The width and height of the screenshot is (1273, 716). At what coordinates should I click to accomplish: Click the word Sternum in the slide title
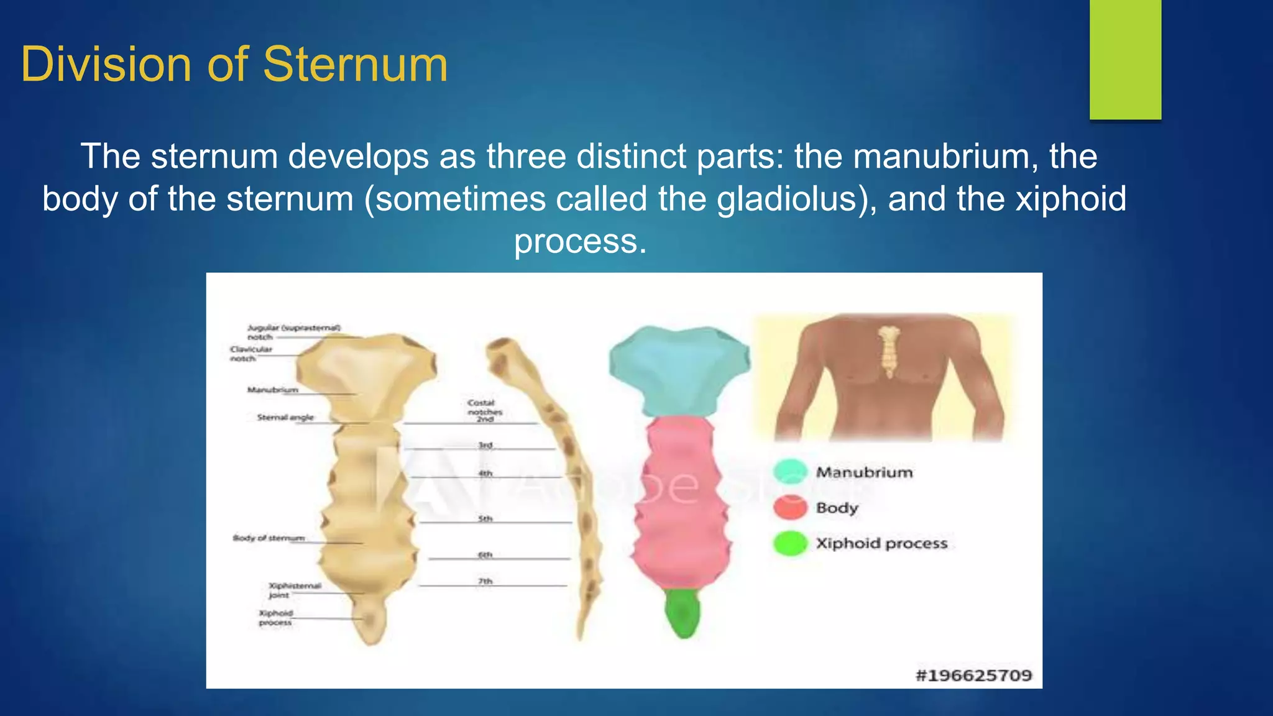pyautogui.click(x=355, y=65)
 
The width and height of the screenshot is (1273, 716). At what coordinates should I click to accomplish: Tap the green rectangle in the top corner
pyautogui.click(x=1125, y=59)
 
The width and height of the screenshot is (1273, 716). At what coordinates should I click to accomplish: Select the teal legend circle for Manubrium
pyautogui.click(x=791, y=472)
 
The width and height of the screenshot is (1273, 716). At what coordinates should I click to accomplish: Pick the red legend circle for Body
pyautogui.click(x=791, y=507)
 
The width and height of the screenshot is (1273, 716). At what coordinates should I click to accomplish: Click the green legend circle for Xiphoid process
pyautogui.click(x=791, y=543)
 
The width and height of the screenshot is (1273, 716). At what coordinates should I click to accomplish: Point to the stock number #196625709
pyautogui.click(x=973, y=675)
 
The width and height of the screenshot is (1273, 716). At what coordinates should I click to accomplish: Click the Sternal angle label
pyautogui.click(x=285, y=418)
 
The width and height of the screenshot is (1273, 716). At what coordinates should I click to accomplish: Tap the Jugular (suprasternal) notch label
pyautogui.click(x=293, y=332)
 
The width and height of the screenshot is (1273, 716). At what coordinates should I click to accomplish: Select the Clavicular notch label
pyautogui.click(x=250, y=354)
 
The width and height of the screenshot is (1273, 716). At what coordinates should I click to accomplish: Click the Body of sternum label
pyautogui.click(x=269, y=538)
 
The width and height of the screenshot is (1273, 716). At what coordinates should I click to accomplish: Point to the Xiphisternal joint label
pyautogui.click(x=293, y=590)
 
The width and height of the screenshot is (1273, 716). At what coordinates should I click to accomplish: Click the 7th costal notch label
pyautogui.click(x=485, y=581)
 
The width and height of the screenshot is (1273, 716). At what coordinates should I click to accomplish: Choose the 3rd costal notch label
pyautogui.click(x=485, y=445)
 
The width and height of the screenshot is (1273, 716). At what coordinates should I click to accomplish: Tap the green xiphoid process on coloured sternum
pyautogui.click(x=682, y=613)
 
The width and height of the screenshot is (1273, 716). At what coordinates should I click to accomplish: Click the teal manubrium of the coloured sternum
pyautogui.click(x=679, y=370)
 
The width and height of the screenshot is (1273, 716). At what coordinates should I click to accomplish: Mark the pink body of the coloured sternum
pyautogui.click(x=681, y=503)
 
